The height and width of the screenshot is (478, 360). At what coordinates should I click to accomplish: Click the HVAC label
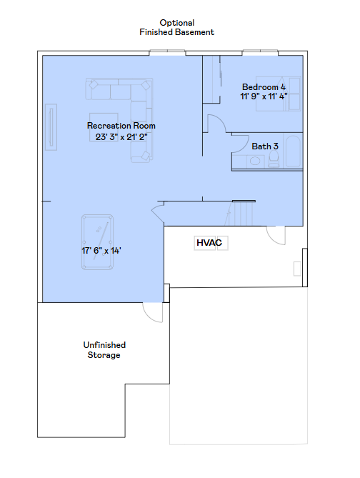209,243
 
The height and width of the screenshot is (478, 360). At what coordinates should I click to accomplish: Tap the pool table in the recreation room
98,242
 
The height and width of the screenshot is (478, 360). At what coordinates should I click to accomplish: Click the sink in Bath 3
255,161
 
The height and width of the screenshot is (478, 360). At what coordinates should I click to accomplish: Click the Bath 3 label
265,146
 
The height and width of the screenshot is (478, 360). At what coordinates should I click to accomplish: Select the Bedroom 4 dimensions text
264,96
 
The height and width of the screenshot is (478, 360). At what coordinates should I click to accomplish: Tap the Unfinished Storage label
104,350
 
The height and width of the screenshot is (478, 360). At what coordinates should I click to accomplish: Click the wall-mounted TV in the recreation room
51,127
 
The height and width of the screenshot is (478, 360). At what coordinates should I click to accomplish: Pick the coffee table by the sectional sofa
104,127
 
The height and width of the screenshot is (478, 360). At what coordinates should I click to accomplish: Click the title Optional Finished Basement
177,27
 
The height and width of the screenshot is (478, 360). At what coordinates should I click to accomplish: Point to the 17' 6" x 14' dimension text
101,251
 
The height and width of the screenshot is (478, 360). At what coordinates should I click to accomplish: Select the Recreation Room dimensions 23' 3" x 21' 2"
121,137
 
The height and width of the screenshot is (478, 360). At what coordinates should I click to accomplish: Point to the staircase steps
241,214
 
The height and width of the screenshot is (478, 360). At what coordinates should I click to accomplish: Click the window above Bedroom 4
260,53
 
